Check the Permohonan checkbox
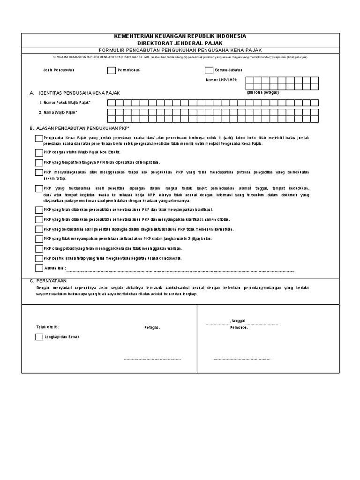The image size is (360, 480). pyautogui.click(x=111, y=71)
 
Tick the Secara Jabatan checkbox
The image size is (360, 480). pyautogui.click(x=209, y=71)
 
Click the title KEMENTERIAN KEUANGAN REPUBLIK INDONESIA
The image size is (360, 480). pyautogui.click(x=180, y=37)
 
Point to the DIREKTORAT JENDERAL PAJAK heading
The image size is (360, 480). pyautogui.click(x=180, y=43)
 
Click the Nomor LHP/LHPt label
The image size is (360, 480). pyautogui.click(x=222, y=80)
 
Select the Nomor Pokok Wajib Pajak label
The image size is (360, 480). pyautogui.click(x=65, y=102)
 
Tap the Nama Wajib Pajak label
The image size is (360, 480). pyautogui.click(x=58, y=112)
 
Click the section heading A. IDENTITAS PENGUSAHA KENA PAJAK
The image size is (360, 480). pyautogui.click(x=75, y=93)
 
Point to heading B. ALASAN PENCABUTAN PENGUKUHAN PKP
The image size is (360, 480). pyautogui.click(x=79, y=127)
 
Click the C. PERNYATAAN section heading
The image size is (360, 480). pyautogui.click(x=49, y=280)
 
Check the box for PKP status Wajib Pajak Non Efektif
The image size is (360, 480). pyautogui.click(x=38, y=153)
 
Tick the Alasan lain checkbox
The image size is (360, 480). pyautogui.click(x=38, y=268)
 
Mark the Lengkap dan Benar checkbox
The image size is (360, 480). pyautogui.click(x=38, y=337)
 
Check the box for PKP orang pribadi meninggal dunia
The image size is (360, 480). pyautogui.click(x=38, y=248)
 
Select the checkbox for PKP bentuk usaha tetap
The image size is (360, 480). pyautogui.click(x=38, y=258)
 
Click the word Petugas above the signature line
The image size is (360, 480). pyautogui.click(x=152, y=327)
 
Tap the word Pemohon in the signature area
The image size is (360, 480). pyautogui.click(x=239, y=327)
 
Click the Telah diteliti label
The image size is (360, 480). pyautogui.click(x=48, y=327)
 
